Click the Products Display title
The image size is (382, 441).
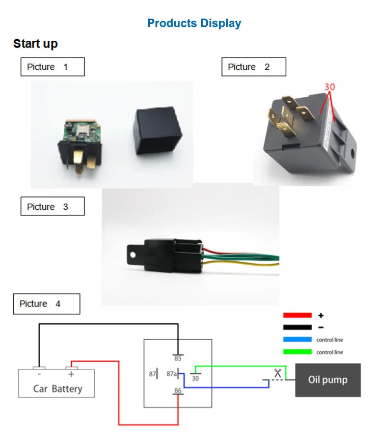pyautogui.click(x=194, y=23)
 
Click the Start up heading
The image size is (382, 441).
pyautogui.click(x=35, y=44)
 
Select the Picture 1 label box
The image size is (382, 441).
pyautogui.click(x=52, y=67)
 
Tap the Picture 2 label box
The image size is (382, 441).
pyautogui.click(x=254, y=67)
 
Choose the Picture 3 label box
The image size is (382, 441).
pyautogui.click(x=52, y=207)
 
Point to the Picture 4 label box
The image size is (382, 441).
pyautogui.click(x=46, y=304)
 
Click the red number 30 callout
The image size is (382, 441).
pyautogui.click(x=330, y=87)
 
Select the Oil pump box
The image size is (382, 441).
pyautogui.click(x=328, y=380)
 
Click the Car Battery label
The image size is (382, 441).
pyautogui.click(x=57, y=389)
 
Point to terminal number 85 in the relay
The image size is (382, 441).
pyautogui.click(x=178, y=359)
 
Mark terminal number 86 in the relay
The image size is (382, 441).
pyautogui.click(x=178, y=391)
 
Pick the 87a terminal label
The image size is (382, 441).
pyautogui.click(x=172, y=374)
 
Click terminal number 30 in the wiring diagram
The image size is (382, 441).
pyautogui.click(x=195, y=378)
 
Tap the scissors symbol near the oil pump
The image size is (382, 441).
pyautogui.click(x=277, y=373)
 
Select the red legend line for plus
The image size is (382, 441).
pyautogui.click(x=297, y=315)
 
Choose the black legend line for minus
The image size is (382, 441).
pyautogui.click(x=297, y=327)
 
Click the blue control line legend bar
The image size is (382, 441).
pyautogui.click(x=297, y=340)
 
